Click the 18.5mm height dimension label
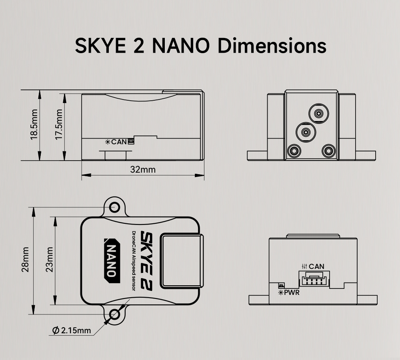(x=34, y=125)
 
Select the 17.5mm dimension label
(x=59, y=125)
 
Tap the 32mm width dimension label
(x=143, y=169)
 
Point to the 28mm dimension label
(x=25, y=260)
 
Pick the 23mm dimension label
(x=49, y=260)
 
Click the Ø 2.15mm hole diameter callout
(x=72, y=330)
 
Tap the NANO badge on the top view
(x=112, y=261)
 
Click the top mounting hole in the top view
(x=115, y=207)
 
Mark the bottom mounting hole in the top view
(x=115, y=314)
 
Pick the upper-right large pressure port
(x=319, y=114)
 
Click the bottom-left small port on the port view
(x=295, y=151)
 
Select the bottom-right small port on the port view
(x=329, y=151)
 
